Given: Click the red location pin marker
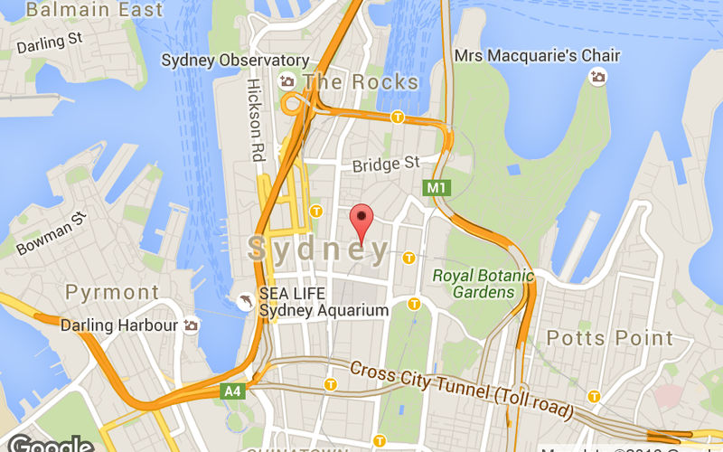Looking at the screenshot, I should point(361,220).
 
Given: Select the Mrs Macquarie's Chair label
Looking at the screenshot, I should point(537,56).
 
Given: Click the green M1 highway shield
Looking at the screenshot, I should point(437,188).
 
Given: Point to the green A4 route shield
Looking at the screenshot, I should point(232,391).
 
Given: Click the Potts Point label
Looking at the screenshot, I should point(610,338).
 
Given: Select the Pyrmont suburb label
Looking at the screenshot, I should point(112,293).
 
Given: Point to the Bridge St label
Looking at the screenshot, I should point(387,164).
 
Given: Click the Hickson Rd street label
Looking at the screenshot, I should point(255,118).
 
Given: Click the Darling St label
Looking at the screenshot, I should point(49,42).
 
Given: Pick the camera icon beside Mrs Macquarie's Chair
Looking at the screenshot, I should point(597,78).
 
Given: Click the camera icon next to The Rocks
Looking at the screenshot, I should point(288,81).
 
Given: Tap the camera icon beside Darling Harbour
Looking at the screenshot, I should point(191,325).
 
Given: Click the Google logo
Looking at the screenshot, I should point(50,444).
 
